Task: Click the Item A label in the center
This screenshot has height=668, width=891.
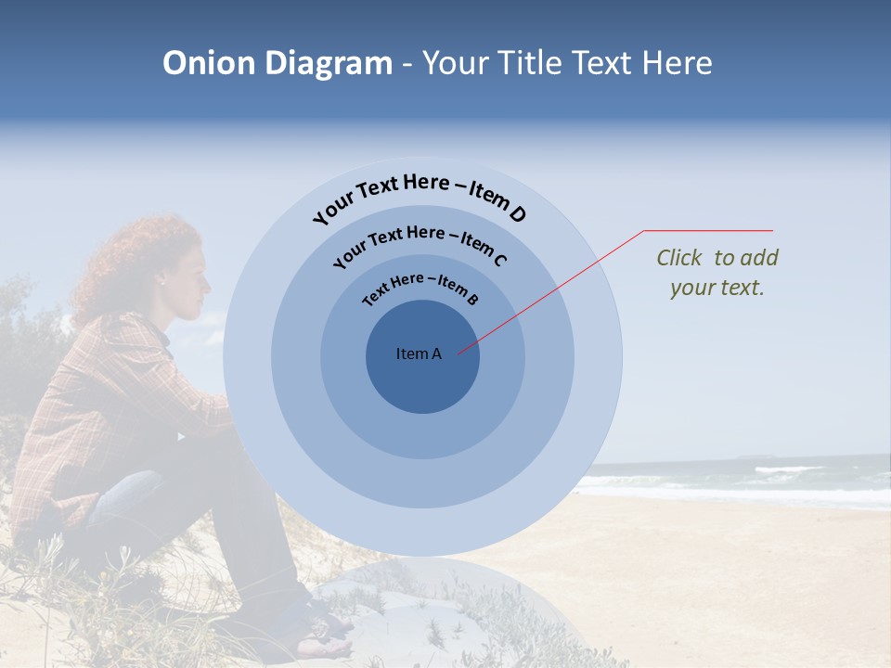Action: tap(419, 353)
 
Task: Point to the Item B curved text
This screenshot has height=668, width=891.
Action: tap(420, 288)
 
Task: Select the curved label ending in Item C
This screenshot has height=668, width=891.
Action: tap(420, 243)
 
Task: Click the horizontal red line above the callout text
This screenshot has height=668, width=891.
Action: tap(708, 230)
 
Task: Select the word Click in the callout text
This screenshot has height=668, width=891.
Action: tap(680, 258)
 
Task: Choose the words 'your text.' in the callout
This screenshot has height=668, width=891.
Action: tap(717, 288)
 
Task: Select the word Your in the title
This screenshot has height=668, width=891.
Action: tap(458, 63)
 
